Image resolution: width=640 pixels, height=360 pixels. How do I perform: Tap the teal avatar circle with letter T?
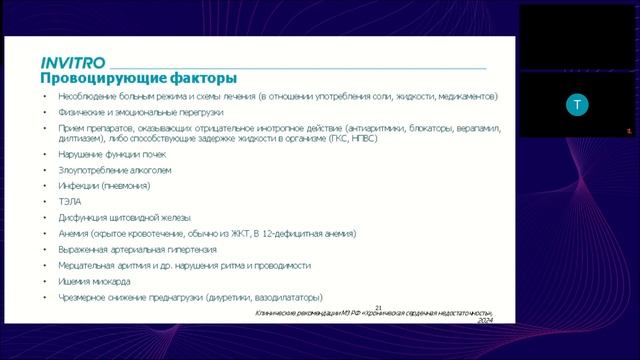(x=576, y=104)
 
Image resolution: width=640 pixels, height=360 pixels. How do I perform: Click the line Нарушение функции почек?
(x=113, y=154)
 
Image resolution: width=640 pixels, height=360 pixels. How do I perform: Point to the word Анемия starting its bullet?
(x=75, y=234)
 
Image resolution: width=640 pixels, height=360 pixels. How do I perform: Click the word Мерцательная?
(x=91, y=266)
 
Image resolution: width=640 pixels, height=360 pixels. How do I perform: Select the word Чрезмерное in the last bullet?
(x=87, y=298)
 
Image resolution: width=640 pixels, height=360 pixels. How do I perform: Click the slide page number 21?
(x=378, y=308)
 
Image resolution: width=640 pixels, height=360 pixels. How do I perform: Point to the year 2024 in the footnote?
(x=486, y=322)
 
